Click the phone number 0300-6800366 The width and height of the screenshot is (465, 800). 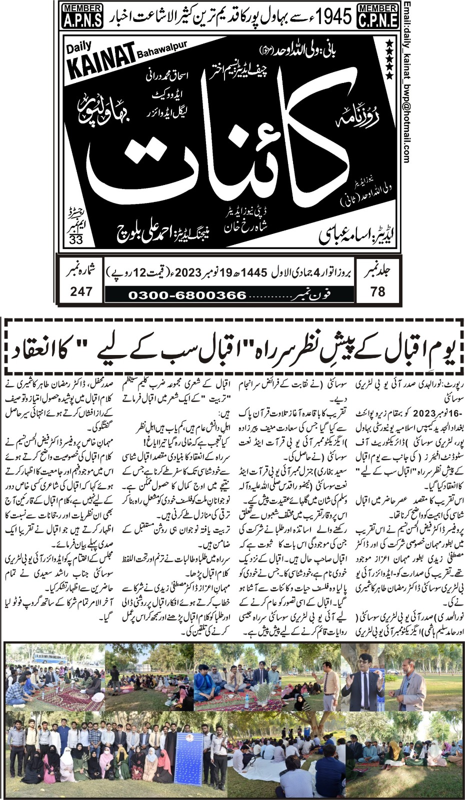187,295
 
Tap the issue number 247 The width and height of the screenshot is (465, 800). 81,291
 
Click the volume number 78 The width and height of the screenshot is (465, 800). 378,291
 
